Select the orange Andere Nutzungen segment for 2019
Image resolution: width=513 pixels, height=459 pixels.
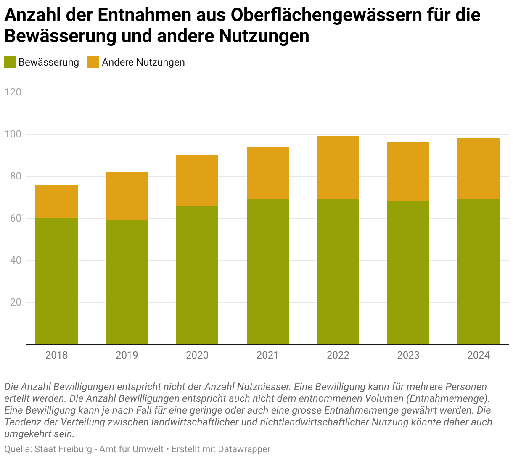[x=127, y=196]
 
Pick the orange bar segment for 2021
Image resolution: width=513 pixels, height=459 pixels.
[x=267, y=173]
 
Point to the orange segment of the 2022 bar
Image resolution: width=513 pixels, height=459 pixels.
[x=338, y=167]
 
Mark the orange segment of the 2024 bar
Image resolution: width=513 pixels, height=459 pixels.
[x=478, y=169]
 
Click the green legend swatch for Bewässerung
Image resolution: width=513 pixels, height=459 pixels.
[x=10, y=62]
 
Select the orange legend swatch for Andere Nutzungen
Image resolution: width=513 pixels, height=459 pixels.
[x=93, y=62]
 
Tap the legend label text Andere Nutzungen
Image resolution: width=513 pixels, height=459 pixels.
[x=143, y=62]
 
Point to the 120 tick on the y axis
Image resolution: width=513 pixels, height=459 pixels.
[x=13, y=92]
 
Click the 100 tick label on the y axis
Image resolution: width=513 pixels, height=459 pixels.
[x=13, y=134]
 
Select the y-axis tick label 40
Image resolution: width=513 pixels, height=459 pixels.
[x=16, y=260]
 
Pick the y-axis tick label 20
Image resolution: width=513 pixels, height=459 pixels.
[x=16, y=302]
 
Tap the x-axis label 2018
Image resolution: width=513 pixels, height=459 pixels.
[x=56, y=355]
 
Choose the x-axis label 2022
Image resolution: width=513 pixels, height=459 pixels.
[x=338, y=355]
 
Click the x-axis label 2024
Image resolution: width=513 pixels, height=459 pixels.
[x=478, y=355]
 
